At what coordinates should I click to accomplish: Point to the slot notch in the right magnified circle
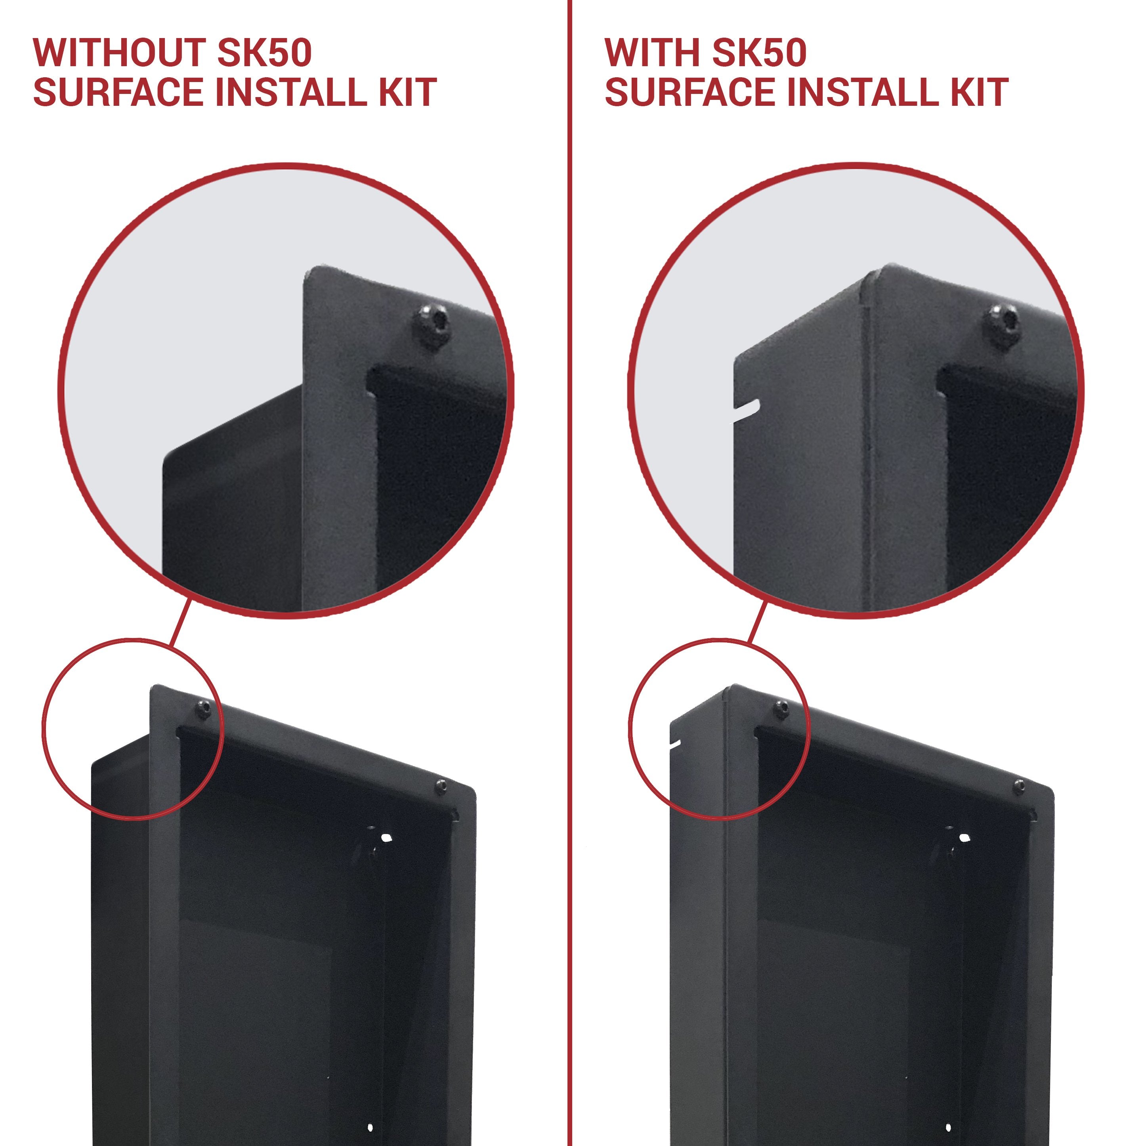coord(749,409)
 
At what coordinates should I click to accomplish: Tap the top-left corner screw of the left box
coord(203,709)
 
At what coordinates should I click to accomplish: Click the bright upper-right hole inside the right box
coord(965,838)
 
